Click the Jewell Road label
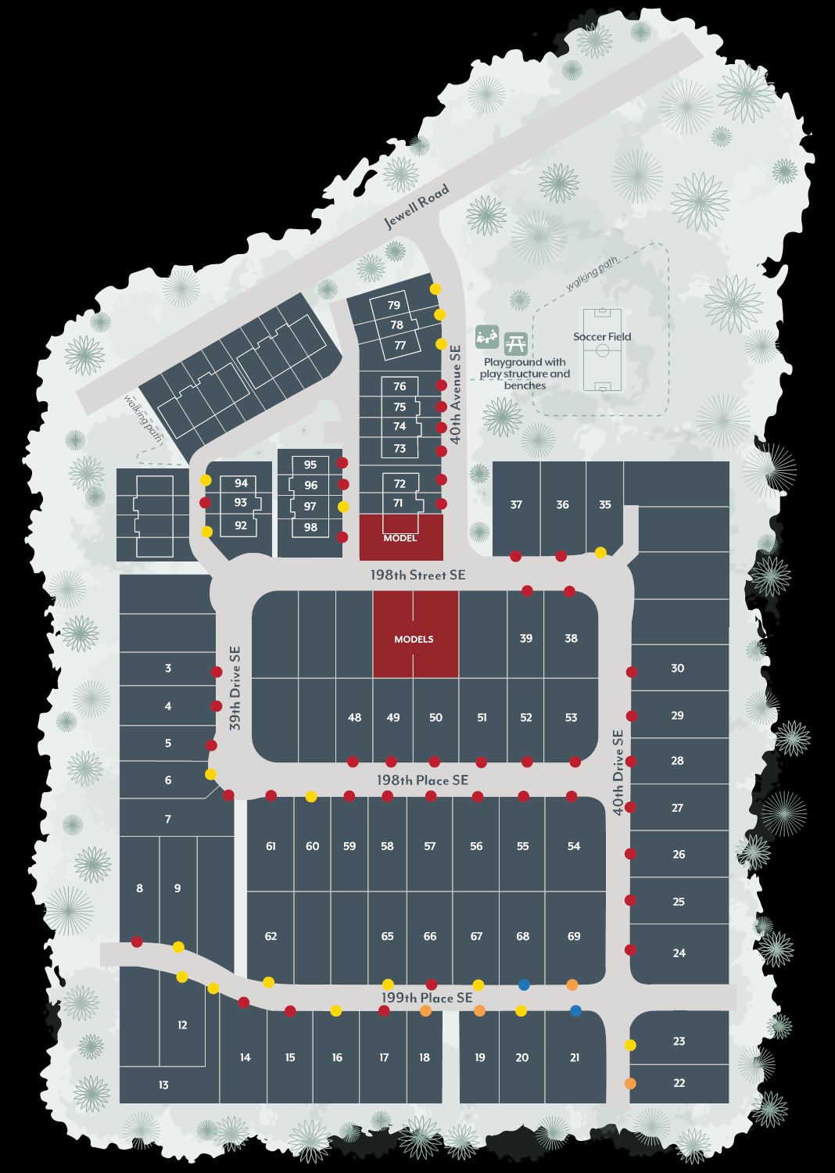point(417,206)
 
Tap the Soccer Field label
point(602,337)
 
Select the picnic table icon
point(515,343)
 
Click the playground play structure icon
point(487,337)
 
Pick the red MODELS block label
point(414,639)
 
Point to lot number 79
point(394,305)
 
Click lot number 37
point(516,504)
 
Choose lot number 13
point(163,1085)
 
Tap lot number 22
point(679,1083)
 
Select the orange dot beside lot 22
point(630,1084)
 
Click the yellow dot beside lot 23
point(630,1045)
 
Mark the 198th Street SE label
point(417,575)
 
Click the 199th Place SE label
point(427,998)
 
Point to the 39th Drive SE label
point(235,688)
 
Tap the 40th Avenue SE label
point(456,395)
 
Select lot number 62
point(271,936)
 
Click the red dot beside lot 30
point(632,672)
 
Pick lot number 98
point(311,527)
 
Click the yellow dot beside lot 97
point(342,507)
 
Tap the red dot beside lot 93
point(206,503)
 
